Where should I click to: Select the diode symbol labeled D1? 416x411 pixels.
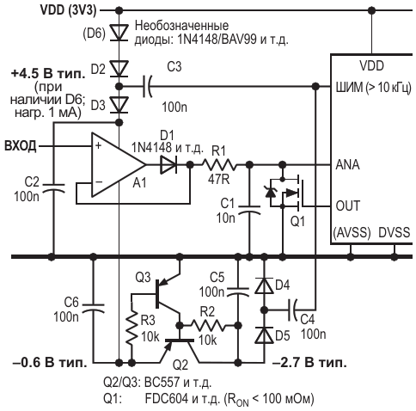[x=168, y=165]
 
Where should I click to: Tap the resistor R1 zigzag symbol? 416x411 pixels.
[x=219, y=165]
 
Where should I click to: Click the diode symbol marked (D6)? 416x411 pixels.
[x=119, y=33]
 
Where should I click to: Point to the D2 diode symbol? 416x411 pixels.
[x=119, y=69]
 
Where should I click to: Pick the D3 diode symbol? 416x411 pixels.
[x=119, y=105]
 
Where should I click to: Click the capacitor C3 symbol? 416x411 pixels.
[x=147, y=86]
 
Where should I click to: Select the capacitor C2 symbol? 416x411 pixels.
[x=53, y=188]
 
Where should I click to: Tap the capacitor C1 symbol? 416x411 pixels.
[x=249, y=210]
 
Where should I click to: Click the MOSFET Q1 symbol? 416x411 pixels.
[x=286, y=193]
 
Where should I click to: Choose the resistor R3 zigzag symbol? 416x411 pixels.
[x=132, y=329]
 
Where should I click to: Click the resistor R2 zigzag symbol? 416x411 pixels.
[x=208, y=325]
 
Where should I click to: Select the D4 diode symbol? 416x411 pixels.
[x=264, y=285]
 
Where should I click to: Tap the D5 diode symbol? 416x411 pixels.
[x=264, y=334]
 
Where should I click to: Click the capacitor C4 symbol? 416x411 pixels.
[x=293, y=310]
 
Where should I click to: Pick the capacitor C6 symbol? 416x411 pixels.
[x=93, y=308]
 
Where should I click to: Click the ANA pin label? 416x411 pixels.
[x=347, y=165]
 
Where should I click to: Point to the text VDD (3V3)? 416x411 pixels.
[x=69, y=10]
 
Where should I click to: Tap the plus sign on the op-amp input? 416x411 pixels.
[x=98, y=145]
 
